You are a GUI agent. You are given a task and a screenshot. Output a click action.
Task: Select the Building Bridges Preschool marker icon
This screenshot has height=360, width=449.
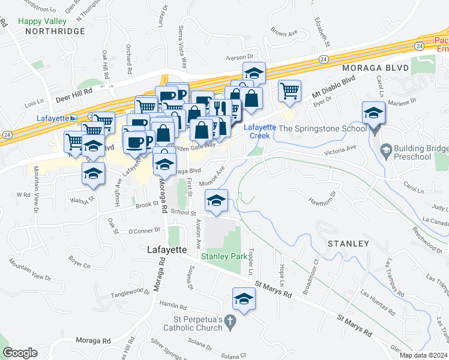[x=386, y=148]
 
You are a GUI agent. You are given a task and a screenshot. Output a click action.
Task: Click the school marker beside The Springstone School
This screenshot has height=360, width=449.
[x=373, y=115]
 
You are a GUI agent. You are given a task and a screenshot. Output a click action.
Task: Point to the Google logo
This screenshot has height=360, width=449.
[x=20, y=353]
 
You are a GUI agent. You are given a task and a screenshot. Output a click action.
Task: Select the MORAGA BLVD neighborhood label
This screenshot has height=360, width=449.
[x=376, y=68]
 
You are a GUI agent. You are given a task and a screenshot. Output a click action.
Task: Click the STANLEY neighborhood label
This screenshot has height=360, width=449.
[x=348, y=244]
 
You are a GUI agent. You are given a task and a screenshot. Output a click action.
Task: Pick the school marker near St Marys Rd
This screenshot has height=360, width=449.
[x=244, y=299]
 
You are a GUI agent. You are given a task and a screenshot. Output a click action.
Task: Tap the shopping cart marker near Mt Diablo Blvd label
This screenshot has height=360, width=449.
[x=289, y=91]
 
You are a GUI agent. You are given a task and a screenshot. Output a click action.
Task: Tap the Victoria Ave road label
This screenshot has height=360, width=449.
[x=340, y=148]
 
